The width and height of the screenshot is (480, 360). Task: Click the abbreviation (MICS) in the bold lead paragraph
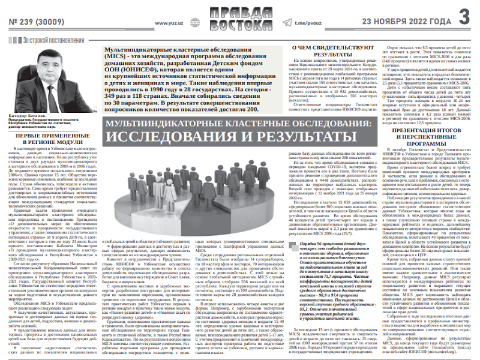coord(118,56)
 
